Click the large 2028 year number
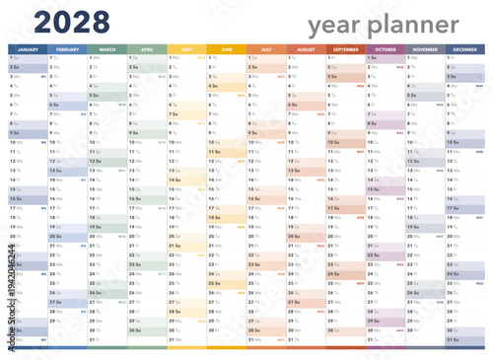click(61, 22)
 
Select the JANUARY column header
click(28, 49)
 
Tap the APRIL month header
click(147, 49)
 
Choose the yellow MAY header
click(186, 49)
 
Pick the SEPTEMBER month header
click(346, 49)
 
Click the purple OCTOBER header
click(386, 49)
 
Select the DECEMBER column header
click(465, 49)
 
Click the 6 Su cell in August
click(306, 105)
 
